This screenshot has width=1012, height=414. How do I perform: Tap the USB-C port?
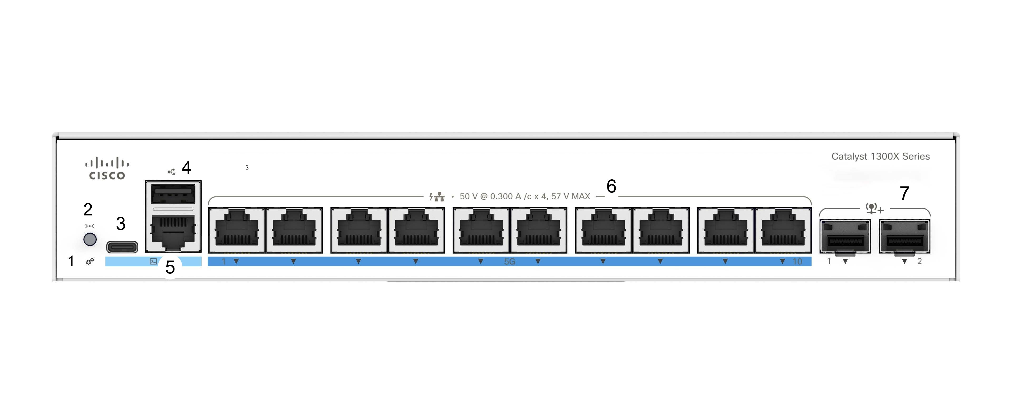[122, 247]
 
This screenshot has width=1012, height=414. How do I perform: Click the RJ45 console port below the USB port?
[173, 232]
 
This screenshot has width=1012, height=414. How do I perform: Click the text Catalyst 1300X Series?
[880, 156]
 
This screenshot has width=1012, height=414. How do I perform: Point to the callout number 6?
[611, 186]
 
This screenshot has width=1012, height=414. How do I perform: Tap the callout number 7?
[904, 194]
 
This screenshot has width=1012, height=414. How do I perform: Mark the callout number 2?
[88, 210]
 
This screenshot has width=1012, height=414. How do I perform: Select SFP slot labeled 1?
[845, 236]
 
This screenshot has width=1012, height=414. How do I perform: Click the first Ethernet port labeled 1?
[237, 230]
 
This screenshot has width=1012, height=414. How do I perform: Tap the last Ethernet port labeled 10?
[783, 230]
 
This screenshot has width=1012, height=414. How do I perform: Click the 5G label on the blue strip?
[509, 262]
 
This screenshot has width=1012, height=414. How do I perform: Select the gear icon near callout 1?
[90, 262]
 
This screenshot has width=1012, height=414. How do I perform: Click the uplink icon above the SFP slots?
[874, 208]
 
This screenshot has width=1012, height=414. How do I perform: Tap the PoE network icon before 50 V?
[437, 196]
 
